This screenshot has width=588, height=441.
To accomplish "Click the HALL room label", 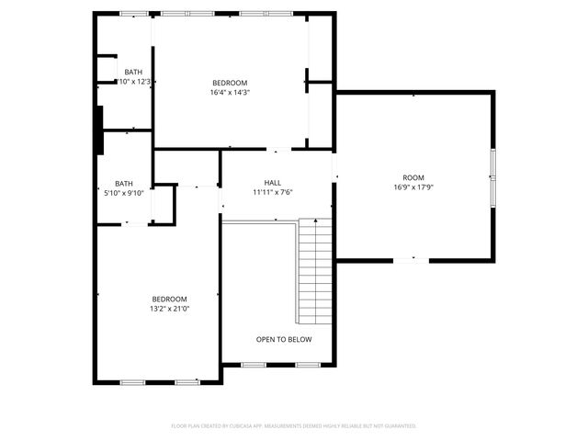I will tap(273, 182).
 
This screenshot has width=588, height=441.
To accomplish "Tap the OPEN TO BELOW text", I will tap(284, 339).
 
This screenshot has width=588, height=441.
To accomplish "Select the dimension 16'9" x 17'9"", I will tap(413, 187).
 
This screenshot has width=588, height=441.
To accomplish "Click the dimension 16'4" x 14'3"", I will tap(231, 92).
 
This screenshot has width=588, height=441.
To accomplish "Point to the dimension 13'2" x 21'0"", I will tap(170, 309).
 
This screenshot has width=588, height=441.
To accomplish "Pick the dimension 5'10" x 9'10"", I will tap(123, 193).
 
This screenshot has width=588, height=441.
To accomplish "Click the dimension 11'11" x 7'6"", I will tap(273, 193).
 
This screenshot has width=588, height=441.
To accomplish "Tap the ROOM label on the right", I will tap(413, 177).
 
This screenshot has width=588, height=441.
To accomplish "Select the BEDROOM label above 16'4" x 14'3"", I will tap(231, 82).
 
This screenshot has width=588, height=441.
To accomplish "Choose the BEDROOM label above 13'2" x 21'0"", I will tap(170, 299).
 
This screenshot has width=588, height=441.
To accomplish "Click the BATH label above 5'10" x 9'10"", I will tap(123, 183).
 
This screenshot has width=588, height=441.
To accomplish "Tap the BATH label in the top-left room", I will tap(134, 72).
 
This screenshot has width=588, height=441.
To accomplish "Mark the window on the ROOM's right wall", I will tap(492, 176).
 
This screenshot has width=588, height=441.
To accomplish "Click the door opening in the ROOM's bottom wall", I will tap(411, 260).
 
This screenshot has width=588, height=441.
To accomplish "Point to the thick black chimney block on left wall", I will tap(98, 131).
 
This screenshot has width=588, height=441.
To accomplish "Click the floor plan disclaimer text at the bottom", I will tap(294, 425).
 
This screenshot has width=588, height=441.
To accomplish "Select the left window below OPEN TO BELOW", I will tap(254, 365).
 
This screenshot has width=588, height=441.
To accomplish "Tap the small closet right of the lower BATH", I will tap(163, 203).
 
